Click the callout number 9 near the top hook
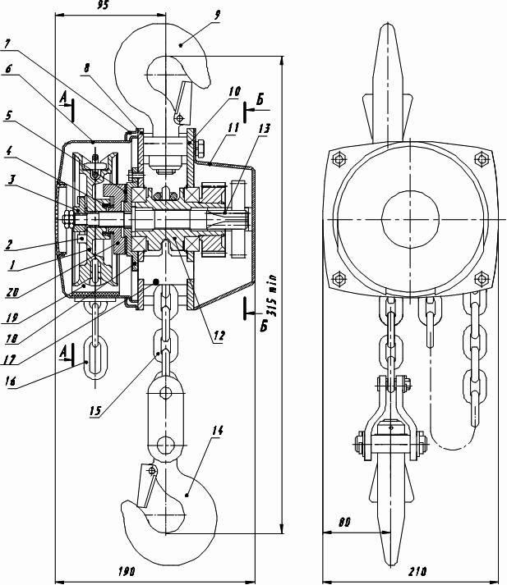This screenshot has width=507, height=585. pyautogui.click(x=217, y=16)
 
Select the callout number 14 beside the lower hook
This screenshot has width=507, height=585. pyautogui.click(x=217, y=431)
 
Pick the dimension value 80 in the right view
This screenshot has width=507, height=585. pyautogui.click(x=344, y=523)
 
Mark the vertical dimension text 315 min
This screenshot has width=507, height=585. pyautogui.click(x=273, y=295)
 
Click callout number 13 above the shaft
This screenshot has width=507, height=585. pyautogui.click(x=264, y=129)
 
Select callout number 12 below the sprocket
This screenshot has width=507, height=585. pyautogui.click(x=219, y=336)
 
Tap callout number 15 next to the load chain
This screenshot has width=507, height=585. pyautogui.click(x=95, y=410)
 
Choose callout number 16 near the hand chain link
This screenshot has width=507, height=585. pyautogui.click(x=11, y=381)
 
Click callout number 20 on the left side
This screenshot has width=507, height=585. pyautogui.click(x=12, y=293)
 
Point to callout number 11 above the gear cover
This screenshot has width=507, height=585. pyautogui.click(x=233, y=128)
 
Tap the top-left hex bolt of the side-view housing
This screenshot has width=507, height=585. pyautogui.click(x=339, y=160)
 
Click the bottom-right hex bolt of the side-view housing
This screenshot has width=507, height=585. pyautogui.click(x=482, y=278)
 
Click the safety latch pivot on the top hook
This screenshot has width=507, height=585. pyautogui.click(x=180, y=119)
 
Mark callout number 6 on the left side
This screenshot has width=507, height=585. pyautogui.click(x=8, y=69)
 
